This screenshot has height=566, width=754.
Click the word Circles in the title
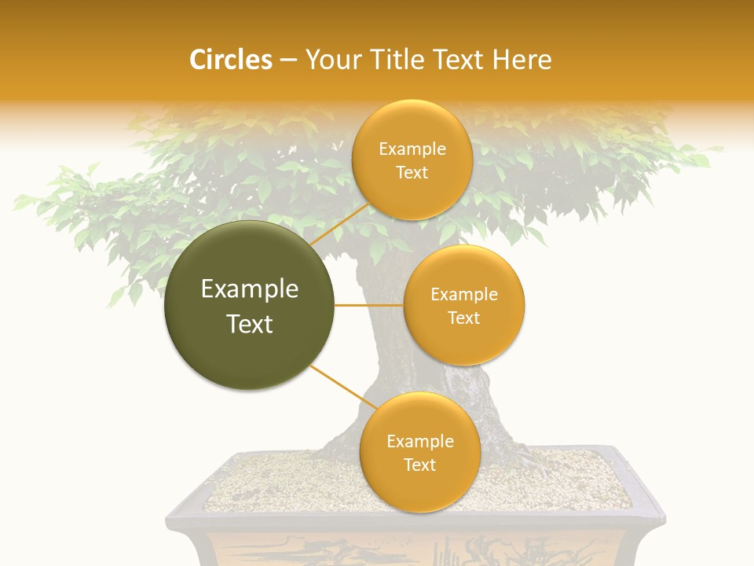tap(230, 60)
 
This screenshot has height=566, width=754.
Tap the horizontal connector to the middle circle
tap(368, 305)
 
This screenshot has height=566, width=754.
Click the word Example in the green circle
tap(249, 289)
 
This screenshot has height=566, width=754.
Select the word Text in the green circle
tap(249, 324)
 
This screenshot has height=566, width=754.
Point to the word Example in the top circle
tap(412, 149)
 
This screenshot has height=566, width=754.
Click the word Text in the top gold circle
tap(412, 173)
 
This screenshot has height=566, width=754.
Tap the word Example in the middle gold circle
tap(463, 295)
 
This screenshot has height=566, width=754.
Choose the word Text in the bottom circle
tap(419, 465)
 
